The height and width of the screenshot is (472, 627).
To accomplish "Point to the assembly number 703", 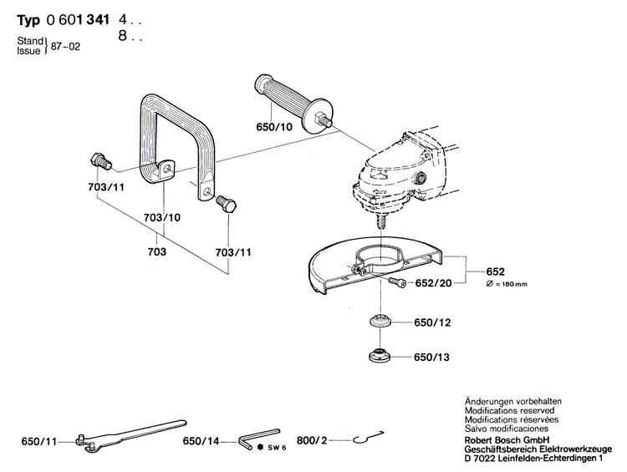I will [x=156, y=251].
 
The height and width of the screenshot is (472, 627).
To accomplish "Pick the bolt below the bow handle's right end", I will [x=226, y=205].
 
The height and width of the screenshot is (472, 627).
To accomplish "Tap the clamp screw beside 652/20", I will [x=397, y=285].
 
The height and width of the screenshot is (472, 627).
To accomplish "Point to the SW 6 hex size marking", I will [x=273, y=448].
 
